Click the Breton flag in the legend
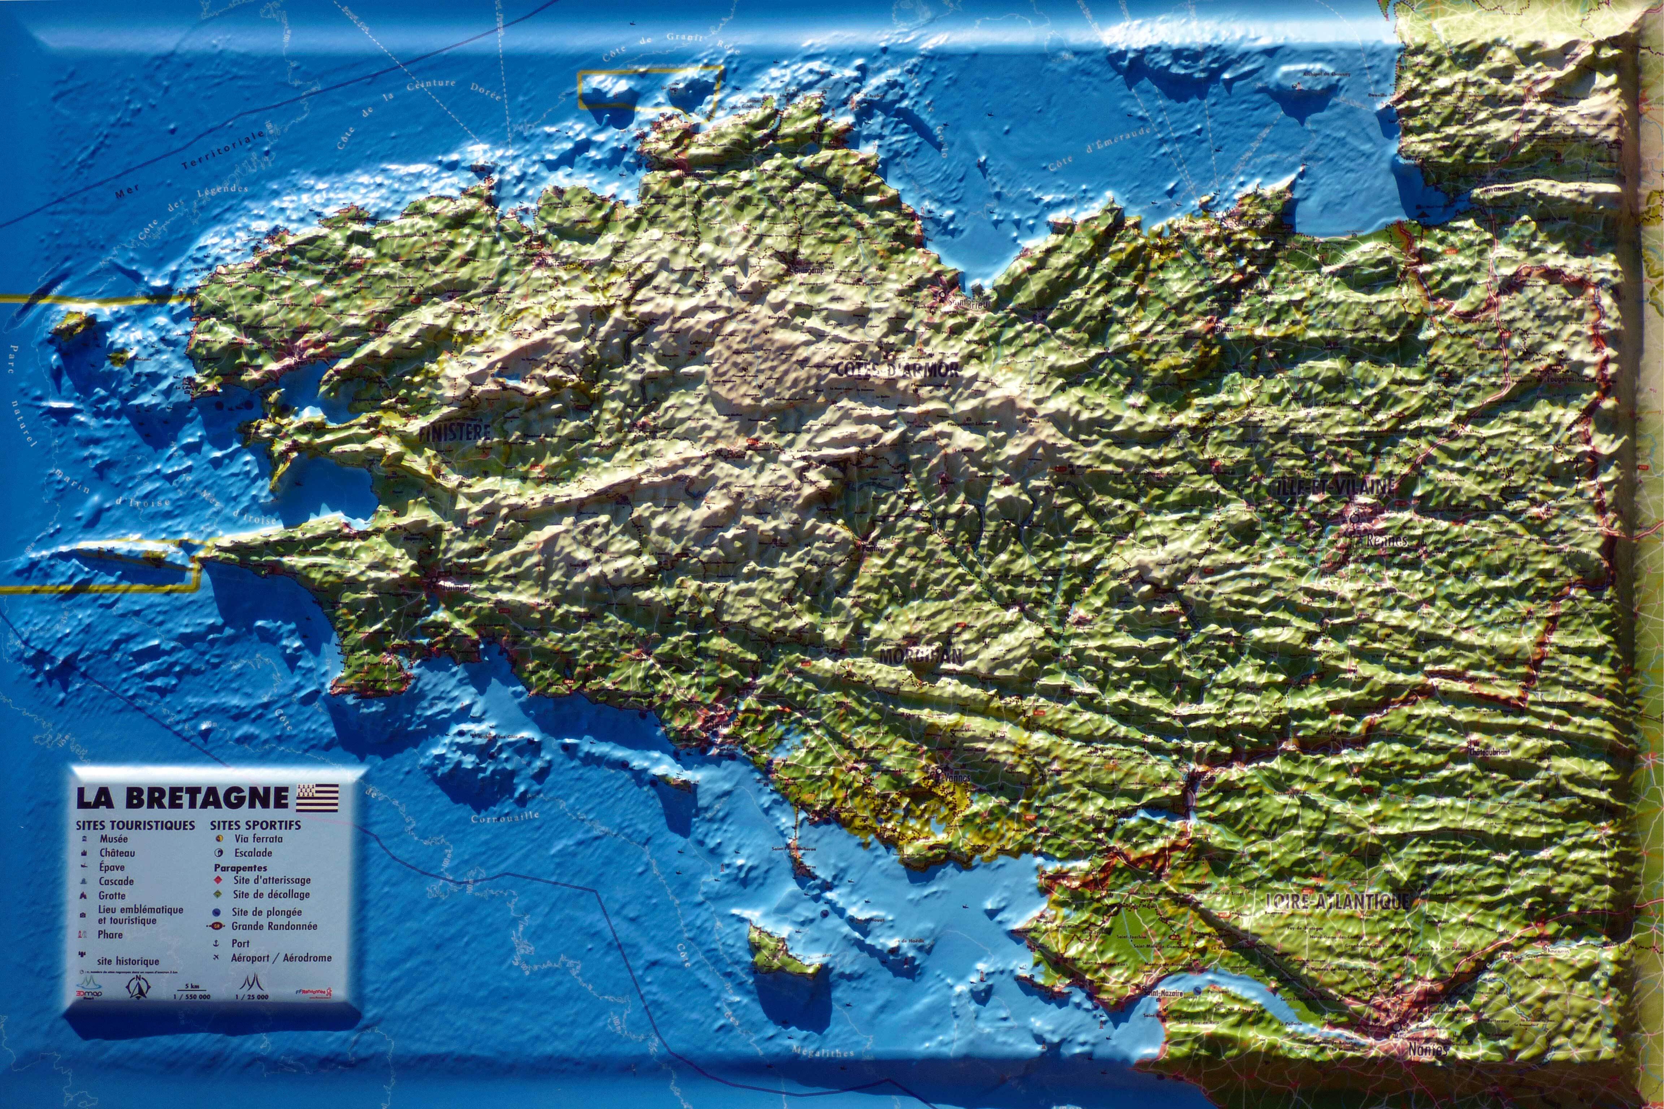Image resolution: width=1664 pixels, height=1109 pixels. (317, 797)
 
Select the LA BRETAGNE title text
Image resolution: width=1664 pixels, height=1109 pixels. (182, 798)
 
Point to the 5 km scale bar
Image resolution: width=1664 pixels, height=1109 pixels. (192, 989)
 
